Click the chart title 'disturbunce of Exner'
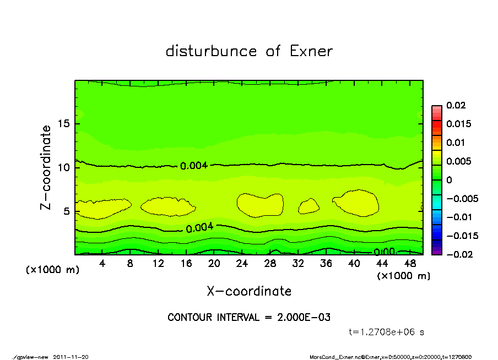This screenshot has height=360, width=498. pyautogui.click(x=249, y=51)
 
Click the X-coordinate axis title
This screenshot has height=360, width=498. pyautogui.click(x=249, y=291)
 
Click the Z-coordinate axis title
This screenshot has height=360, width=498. pyautogui.click(x=46, y=167)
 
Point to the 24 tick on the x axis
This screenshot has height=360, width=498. pyautogui.click(x=242, y=264)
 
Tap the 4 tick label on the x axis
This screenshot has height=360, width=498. pyautogui.click(x=102, y=264)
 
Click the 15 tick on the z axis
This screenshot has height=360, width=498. pyautogui.click(x=64, y=124)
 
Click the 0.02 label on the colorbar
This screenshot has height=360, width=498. pyautogui.click(x=457, y=105)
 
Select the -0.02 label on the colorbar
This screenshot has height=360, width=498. pyautogui.click(x=459, y=254)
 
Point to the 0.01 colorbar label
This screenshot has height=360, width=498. pyautogui.click(x=457, y=143)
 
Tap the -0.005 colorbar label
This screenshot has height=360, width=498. pyautogui.click(x=462, y=199)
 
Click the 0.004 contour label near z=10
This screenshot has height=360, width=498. pyautogui.click(x=194, y=165)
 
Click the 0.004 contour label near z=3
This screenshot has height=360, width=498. pyautogui.click(x=199, y=228)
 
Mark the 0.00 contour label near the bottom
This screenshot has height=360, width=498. pyautogui.click(x=384, y=252)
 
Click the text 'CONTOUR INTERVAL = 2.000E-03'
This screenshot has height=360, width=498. pyautogui.click(x=249, y=318)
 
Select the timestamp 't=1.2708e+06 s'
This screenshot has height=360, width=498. pyautogui.click(x=387, y=332)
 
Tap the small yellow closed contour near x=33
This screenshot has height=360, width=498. pyautogui.click(x=309, y=206)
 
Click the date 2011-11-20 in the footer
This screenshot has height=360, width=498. pyautogui.click(x=71, y=357)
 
